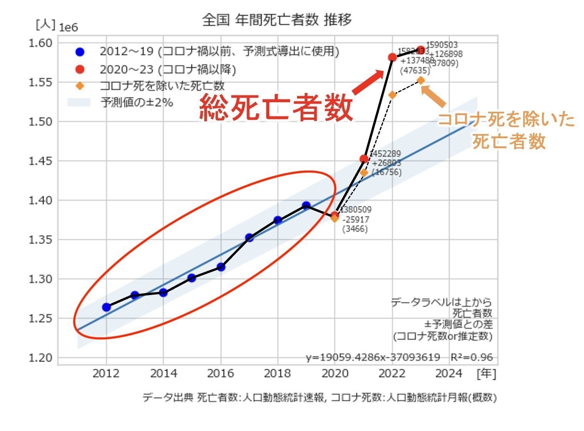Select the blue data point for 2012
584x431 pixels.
(107, 307)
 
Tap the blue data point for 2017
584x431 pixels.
(249, 237)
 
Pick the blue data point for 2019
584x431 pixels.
(306, 206)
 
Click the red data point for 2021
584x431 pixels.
(364, 159)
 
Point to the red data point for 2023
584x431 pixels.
(421, 50)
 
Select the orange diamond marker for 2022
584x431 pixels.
(392, 95)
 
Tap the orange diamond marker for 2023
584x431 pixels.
(421, 80)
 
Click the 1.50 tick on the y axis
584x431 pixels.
(40, 122)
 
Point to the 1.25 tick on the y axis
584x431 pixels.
(40, 318)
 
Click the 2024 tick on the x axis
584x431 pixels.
(449, 373)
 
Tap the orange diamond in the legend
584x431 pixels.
(80, 86)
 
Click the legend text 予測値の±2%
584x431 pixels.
(137, 103)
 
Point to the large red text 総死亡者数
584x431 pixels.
(276, 108)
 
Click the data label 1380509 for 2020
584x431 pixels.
(356, 210)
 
